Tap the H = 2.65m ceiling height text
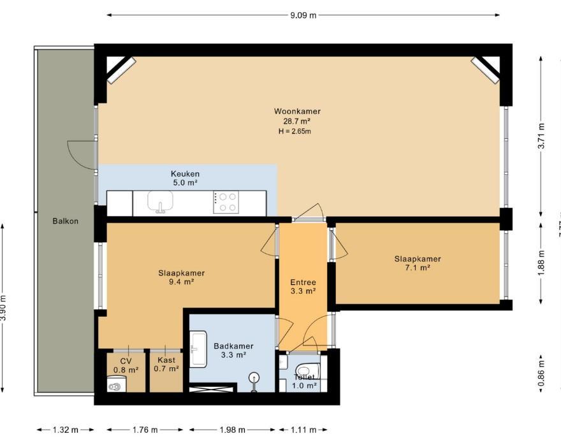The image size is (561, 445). pyautogui.click(x=294, y=131)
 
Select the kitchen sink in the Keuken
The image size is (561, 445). pyautogui.click(x=160, y=202)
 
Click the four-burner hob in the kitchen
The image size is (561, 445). pyautogui.click(x=226, y=203)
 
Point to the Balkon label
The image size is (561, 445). pyautogui.click(x=66, y=221)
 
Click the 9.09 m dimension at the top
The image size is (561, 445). pyautogui.click(x=303, y=15)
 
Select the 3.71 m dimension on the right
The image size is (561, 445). pyautogui.click(x=541, y=136)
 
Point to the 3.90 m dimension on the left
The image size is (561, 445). pyautogui.click(x=4, y=309)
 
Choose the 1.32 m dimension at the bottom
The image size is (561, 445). pyautogui.click(x=66, y=430)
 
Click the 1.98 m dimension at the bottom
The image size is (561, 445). pyautogui.click(x=233, y=430)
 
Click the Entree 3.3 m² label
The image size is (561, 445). pyautogui.click(x=303, y=286)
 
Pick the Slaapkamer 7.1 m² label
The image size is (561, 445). pyautogui.click(x=417, y=263)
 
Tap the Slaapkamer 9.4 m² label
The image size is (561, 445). pyautogui.click(x=181, y=277)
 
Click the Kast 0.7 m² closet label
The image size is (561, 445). pyautogui.click(x=166, y=364)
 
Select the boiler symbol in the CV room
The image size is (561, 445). pyautogui.click(x=115, y=384)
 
